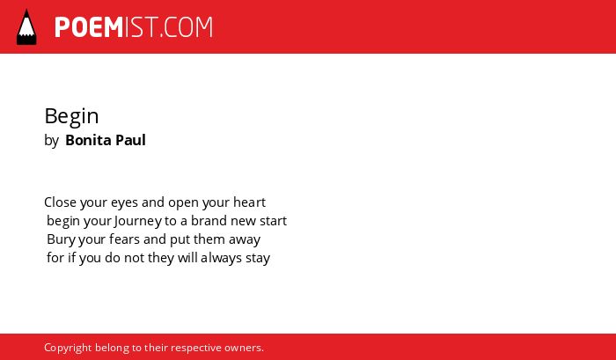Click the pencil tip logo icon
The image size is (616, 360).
(x=26, y=26)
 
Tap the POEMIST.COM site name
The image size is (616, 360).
(x=134, y=27)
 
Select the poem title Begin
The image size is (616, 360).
(x=71, y=117)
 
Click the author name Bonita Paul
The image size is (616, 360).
(x=106, y=140)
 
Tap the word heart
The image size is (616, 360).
(x=249, y=202)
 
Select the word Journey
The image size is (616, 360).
(x=138, y=221)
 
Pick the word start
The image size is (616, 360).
(x=274, y=221)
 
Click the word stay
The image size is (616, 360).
(x=258, y=259)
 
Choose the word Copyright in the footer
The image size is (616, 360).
(x=68, y=348)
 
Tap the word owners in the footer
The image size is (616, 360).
(x=242, y=349)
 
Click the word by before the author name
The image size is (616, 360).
(x=51, y=141)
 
